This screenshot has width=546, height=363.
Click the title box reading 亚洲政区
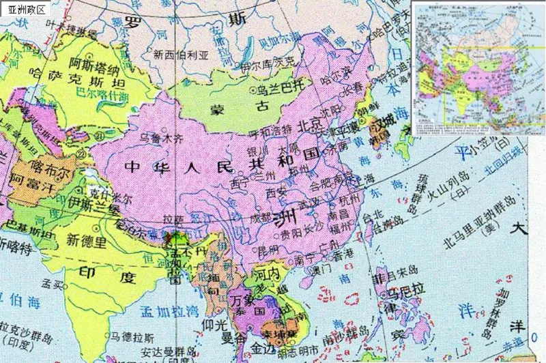(25, 10)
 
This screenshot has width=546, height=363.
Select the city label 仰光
(216, 325)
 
